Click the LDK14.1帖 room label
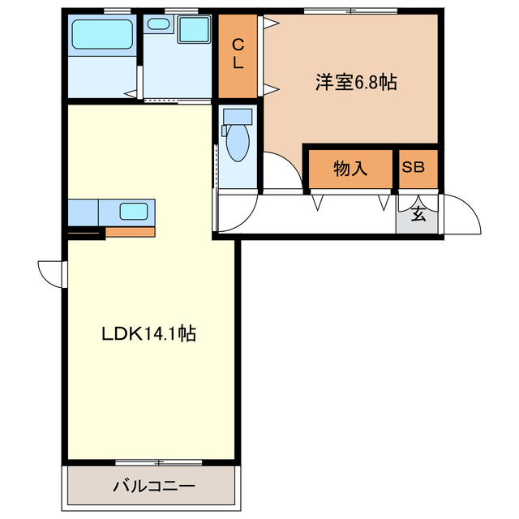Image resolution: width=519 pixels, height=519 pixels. pyautogui.click(x=148, y=332)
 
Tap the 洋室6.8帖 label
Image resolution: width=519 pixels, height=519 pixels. pyautogui.click(x=356, y=82)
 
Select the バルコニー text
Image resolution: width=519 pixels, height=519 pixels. pyautogui.click(x=153, y=487)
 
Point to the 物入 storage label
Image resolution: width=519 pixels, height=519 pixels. pyautogui.click(x=351, y=169)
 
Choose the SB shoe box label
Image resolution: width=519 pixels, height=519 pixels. pyautogui.click(x=414, y=169)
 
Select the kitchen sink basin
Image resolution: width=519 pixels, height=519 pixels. pyautogui.click(x=134, y=212)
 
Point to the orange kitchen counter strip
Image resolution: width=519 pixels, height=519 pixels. pyautogui.click(x=130, y=232)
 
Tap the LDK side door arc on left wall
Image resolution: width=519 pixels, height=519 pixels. pyautogui.click(x=50, y=274)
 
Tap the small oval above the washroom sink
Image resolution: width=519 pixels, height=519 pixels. pyautogui.click(x=159, y=24)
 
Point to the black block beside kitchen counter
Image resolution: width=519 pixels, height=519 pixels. pyautogui.click(x=86, y=234)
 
